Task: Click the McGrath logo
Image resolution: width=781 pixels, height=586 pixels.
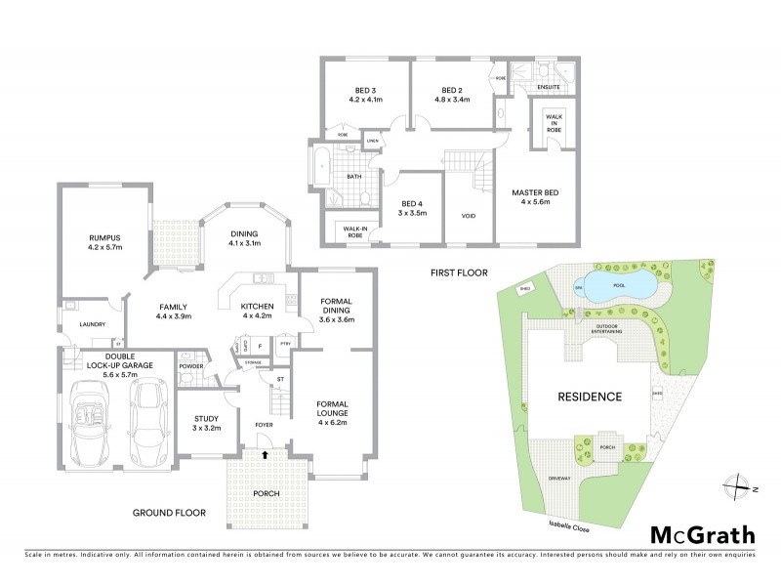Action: point(702,534)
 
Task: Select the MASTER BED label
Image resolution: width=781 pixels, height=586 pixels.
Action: point(534,191)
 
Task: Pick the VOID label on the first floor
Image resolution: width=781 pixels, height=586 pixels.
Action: point(468,217)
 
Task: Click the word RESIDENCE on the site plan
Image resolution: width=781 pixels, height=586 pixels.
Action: point(589,397)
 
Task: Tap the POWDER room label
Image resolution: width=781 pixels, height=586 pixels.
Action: point(190,366)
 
